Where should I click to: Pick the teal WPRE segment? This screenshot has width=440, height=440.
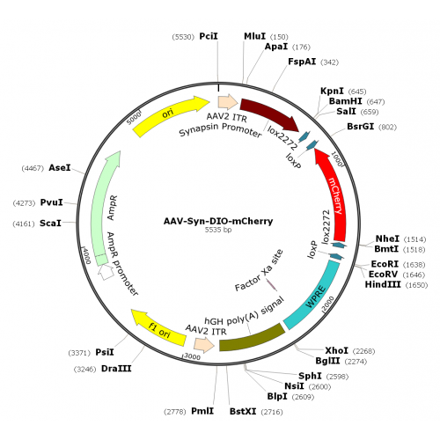315,297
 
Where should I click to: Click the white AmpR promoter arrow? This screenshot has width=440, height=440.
106,272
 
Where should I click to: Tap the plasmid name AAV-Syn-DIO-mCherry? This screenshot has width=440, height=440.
218,221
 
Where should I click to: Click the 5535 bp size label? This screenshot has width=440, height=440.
218,230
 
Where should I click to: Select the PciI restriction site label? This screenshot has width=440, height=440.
209,36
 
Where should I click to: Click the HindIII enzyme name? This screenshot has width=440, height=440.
383,284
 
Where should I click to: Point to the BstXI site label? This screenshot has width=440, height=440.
243,411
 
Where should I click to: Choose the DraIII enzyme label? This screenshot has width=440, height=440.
116,369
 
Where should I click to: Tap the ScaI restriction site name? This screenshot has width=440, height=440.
50,224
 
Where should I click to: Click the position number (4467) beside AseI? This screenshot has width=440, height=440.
33,168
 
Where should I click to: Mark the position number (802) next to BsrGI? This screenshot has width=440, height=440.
387,127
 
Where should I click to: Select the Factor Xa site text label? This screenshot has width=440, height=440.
260,270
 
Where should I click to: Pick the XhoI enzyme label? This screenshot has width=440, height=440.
336,350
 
